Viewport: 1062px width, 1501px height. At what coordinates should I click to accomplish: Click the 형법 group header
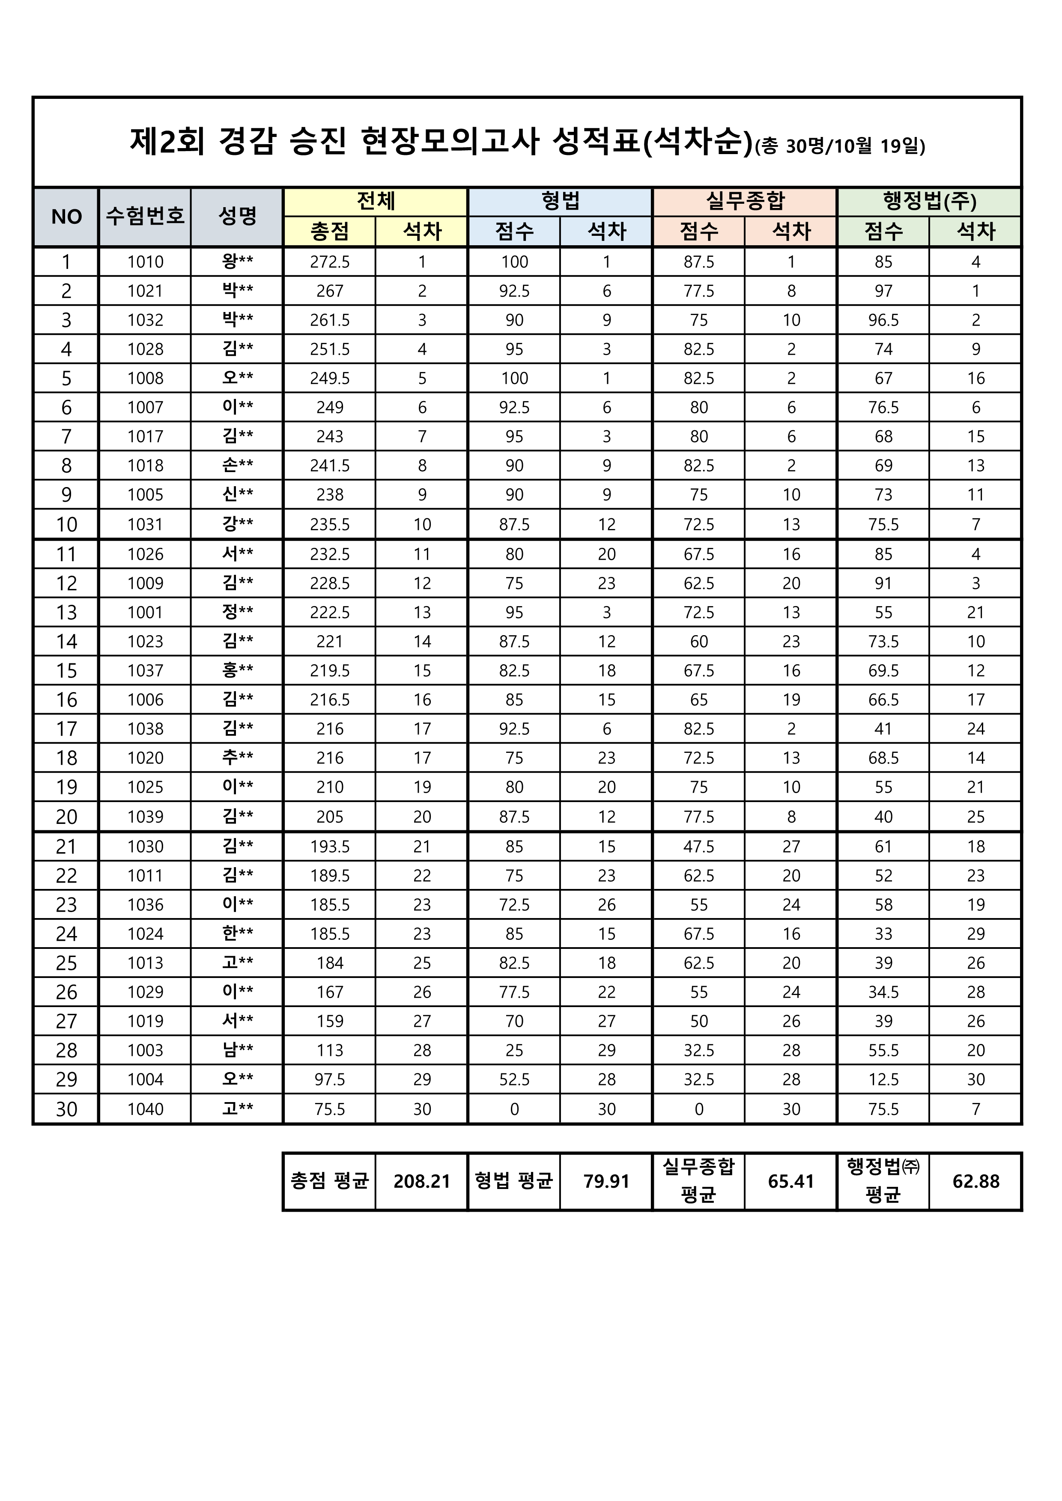pos(561,201)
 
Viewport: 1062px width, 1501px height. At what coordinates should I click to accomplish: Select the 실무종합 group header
pos(745,201)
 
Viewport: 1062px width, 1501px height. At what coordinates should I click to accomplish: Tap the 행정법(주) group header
pos(929,201)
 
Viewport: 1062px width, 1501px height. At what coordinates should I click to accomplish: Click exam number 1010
pos(145,262)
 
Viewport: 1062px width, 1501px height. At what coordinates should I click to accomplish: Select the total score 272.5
pos(330,262)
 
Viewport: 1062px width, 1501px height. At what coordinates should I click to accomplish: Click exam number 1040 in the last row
pos(145,1109)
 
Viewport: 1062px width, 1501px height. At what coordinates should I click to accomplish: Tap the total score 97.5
pos(330,1080)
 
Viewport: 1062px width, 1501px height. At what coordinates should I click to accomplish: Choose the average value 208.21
pos(422,1182)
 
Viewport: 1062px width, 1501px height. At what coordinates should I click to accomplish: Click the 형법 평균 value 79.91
pos(606,1182)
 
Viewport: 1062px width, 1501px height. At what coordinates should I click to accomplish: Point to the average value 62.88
pos(975,1182)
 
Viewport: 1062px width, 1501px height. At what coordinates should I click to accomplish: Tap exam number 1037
pos(145,671)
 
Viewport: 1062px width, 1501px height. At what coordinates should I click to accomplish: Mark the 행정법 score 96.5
pos(883,320)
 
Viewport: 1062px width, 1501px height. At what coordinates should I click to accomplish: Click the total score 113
pos(330,1051)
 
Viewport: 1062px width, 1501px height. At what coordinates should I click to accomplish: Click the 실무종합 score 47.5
pos(699,847)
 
